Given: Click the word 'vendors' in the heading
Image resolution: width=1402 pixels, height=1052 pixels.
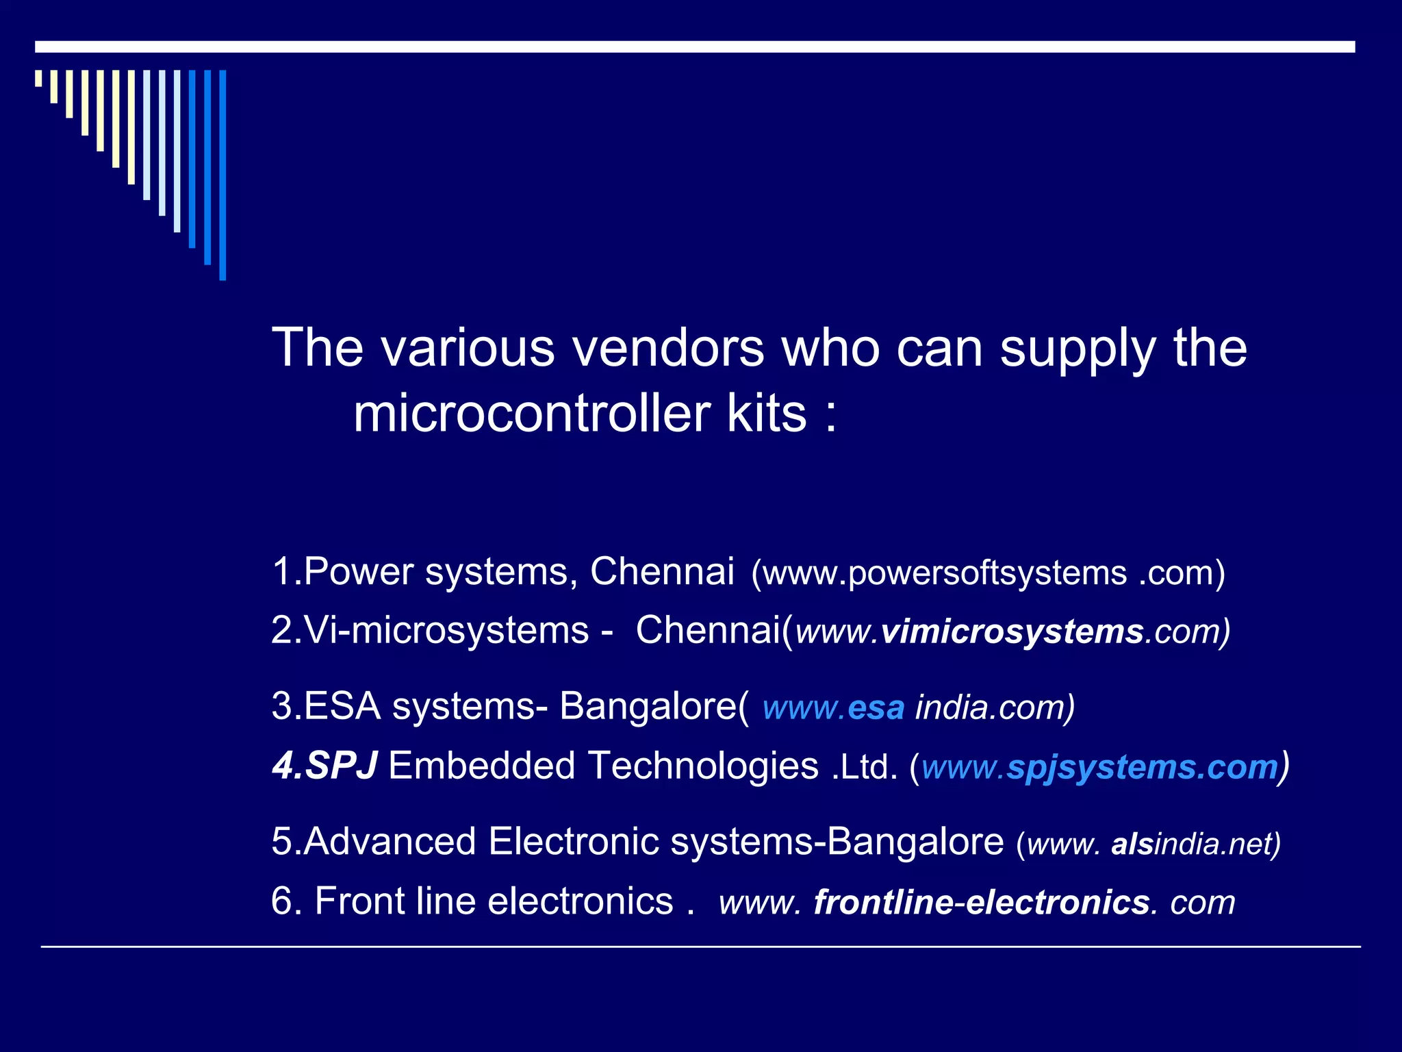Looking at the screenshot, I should tap(667, 348).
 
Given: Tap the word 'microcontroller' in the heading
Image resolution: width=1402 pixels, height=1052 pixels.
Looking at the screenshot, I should tap(531, 414).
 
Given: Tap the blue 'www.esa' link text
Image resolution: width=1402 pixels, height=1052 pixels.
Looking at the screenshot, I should tap(833, 707).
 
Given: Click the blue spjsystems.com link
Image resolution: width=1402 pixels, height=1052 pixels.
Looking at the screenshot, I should tap(1142, 767).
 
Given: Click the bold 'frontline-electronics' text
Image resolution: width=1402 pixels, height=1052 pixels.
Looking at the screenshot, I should tap(981, 902).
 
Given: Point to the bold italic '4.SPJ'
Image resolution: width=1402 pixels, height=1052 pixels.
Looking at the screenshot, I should tap(324, 766).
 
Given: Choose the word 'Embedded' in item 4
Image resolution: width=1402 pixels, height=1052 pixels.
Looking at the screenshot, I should tap(482, 766).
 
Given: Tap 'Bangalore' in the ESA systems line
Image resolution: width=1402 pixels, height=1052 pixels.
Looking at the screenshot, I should tap(654, 706).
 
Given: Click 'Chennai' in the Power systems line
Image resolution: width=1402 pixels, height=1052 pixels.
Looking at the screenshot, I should tap(662, 571).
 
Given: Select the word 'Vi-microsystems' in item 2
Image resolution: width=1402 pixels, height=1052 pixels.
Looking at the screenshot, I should tap(446, 630).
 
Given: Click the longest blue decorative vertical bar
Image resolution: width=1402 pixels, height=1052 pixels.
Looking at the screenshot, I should tap(222, 175).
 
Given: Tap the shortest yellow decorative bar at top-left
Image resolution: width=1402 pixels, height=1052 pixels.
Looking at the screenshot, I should tap(38, 78).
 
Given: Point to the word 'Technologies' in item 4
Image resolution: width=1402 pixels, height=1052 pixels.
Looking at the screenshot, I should tap(703, 766).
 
